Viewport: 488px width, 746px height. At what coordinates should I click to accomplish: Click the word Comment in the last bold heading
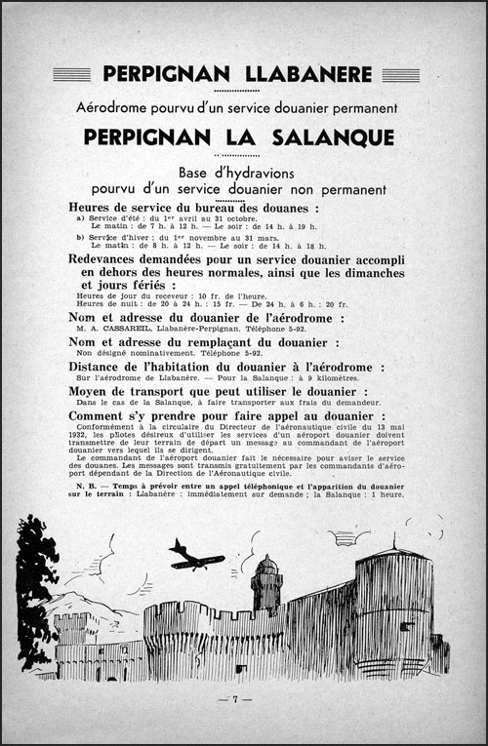pos(102,414)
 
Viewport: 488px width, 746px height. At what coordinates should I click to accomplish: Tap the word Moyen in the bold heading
pos(94,391)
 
